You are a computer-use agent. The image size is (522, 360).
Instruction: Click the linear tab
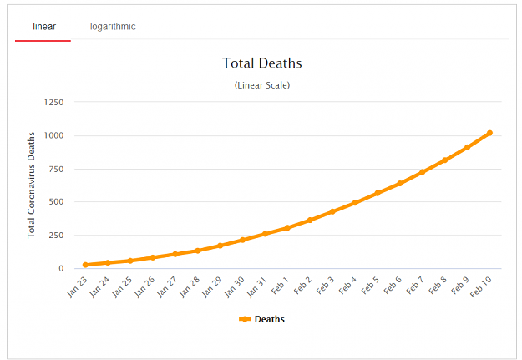point(44,26)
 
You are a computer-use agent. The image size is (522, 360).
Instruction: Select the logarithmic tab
point(113,27)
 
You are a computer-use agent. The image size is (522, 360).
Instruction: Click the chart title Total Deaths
point(262,63)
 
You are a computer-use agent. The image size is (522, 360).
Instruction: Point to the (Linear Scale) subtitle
point(262,85)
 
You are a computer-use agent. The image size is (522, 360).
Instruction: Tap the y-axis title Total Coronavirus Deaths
point(31,185)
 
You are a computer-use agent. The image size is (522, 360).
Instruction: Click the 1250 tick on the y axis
point(53,102)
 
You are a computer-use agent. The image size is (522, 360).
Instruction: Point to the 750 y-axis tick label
point(56,169)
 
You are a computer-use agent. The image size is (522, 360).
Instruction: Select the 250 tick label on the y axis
point(56,235)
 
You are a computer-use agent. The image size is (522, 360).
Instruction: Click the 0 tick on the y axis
point(61,268)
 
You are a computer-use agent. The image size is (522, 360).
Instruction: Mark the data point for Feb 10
point(489,133)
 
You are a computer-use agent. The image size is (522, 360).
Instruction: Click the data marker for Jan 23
point(85,265)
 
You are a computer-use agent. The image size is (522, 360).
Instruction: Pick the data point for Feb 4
point(355,203)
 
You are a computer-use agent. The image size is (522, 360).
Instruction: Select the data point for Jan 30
point(242,240)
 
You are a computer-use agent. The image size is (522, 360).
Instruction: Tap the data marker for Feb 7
point(422,172)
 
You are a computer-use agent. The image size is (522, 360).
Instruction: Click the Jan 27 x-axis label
point(167,286)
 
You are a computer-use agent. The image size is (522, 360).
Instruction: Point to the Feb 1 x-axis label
point(280,286)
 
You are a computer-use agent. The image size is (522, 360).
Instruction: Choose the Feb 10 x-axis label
point(481,287)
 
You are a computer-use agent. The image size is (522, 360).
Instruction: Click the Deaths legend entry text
point(270,319)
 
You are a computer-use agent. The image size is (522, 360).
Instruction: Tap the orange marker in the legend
point(245,319)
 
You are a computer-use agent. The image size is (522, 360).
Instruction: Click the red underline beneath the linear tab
point(43,41)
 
